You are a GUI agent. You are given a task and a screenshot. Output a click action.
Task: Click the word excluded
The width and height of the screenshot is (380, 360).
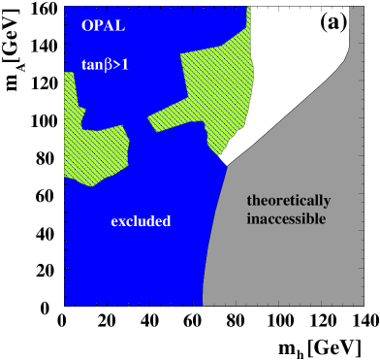pos(141,221)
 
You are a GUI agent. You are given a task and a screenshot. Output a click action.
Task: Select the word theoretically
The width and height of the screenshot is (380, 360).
pos(288,202)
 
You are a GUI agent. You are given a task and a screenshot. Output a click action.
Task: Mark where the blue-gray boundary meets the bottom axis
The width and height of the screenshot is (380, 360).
pos(203,306)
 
